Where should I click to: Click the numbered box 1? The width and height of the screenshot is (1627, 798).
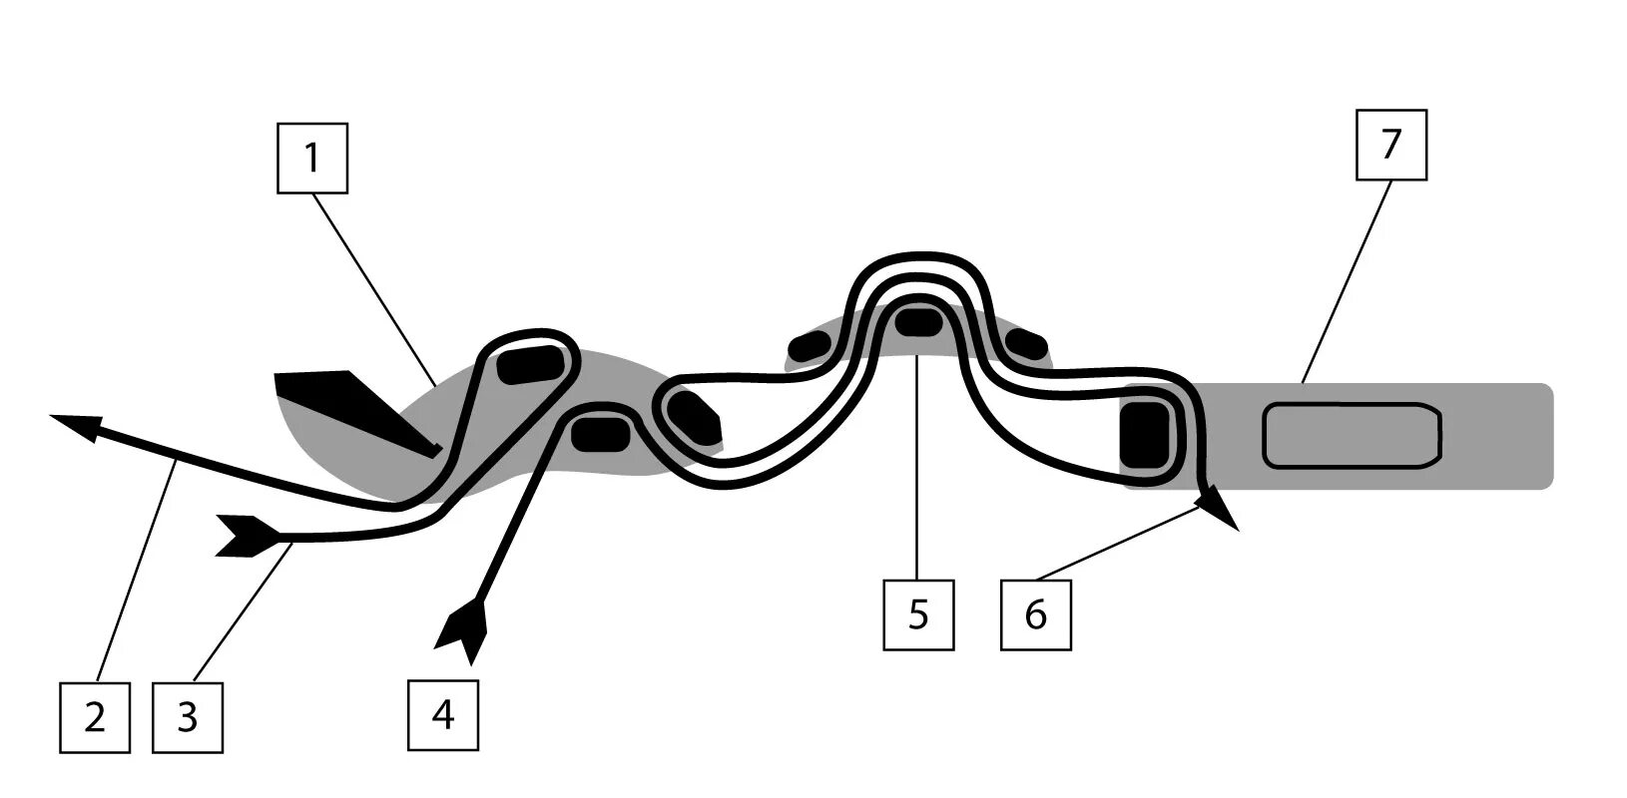pos(311,158)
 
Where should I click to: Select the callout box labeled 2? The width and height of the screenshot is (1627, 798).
pos(95,717)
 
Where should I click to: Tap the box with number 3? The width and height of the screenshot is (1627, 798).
pos(188,717)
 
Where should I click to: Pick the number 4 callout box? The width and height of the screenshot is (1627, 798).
pos(443,714)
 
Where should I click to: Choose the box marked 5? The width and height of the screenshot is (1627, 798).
pos(918,614)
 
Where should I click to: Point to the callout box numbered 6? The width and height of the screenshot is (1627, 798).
pos(1036,614)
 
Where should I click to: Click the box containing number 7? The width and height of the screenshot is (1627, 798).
pos(1390,145)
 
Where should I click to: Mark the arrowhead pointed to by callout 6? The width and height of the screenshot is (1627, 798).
pos(1221,508)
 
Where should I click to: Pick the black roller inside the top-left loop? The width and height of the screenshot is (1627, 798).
pos(531,364)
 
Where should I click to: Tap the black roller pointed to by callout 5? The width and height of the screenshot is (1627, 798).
pos(917,321)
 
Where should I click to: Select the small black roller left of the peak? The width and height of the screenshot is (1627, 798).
pos(811,345)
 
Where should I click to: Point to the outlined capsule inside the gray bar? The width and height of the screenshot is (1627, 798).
pos(1352,436)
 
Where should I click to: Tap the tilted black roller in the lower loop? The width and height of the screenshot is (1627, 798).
pos(693,418)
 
